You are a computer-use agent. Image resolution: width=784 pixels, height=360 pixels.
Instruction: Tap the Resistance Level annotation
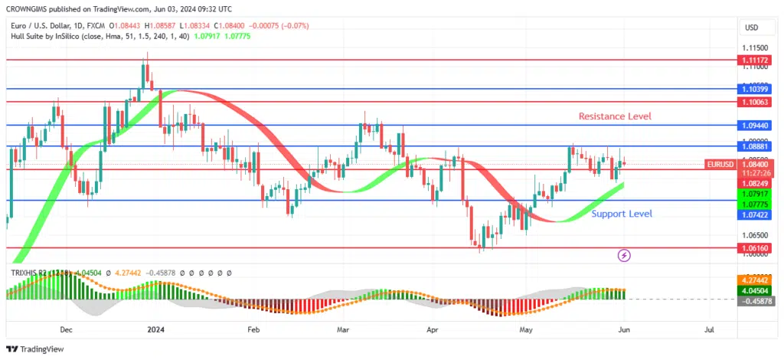pos(615,116)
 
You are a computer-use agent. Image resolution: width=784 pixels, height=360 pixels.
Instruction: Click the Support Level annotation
pos(622,214)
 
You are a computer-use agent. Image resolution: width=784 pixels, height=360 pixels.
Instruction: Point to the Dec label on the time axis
pos(66,330)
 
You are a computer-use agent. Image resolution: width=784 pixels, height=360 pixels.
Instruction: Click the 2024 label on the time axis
pos(155,330)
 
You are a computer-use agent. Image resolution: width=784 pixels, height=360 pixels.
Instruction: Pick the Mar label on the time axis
pos(343,330)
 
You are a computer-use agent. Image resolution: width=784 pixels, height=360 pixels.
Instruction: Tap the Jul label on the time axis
pos(709,330)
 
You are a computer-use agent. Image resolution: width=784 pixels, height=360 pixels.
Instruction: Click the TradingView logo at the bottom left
pos(37,349)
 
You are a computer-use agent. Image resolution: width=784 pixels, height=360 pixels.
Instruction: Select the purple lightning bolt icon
pos(624,255)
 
